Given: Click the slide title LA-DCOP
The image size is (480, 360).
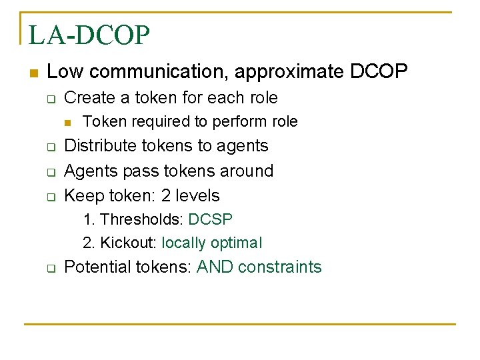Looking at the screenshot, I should tap(89, 35).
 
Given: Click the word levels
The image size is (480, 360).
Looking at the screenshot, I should tap(198, 195).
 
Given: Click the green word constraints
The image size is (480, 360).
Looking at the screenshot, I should tap(279, 267).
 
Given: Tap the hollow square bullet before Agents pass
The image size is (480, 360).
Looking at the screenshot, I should tap(49, 172).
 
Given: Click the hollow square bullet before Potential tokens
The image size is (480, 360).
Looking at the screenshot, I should tap(49, 269).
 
